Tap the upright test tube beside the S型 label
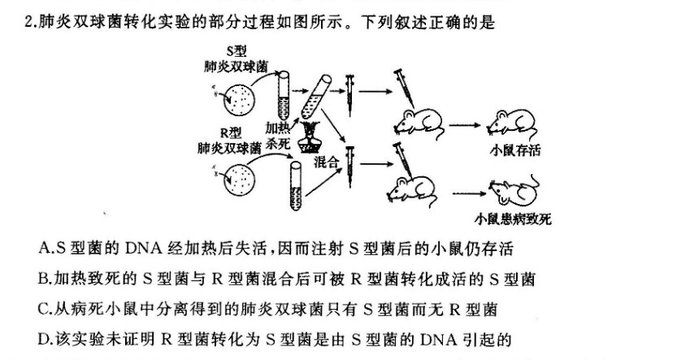[284, 92]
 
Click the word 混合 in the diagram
[324, 161]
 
